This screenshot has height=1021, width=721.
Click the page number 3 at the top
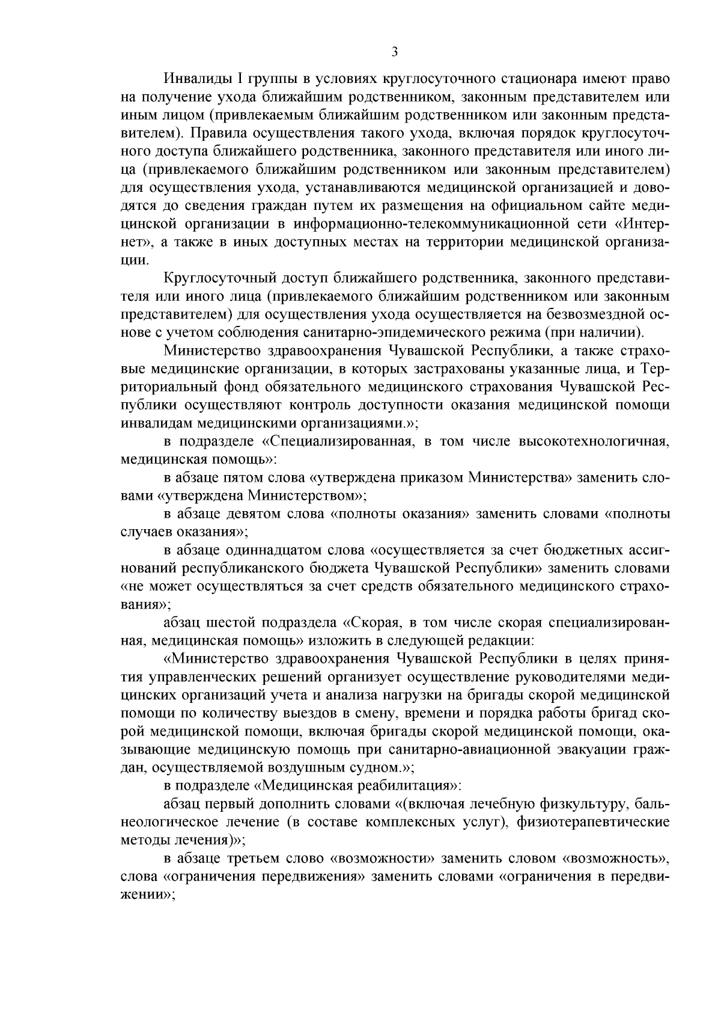394,52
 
